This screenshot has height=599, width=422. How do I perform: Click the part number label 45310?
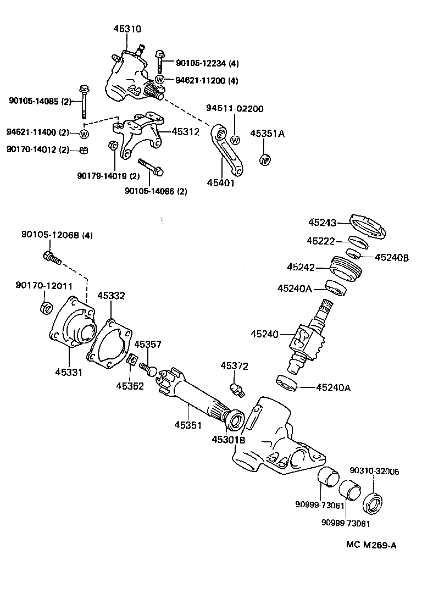click(126, 29)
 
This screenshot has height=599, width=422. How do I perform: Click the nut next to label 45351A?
click(265, 159)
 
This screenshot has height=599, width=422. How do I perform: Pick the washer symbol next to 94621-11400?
click(84, 134)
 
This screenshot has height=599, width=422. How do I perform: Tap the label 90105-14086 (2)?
click(156, 191)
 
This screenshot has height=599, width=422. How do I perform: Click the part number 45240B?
click(392, 257)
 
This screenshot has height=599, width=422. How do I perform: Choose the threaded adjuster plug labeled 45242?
click(345, 268)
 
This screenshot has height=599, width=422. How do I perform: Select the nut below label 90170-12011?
click(47, 307)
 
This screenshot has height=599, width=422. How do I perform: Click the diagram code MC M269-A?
click(371, 545)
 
